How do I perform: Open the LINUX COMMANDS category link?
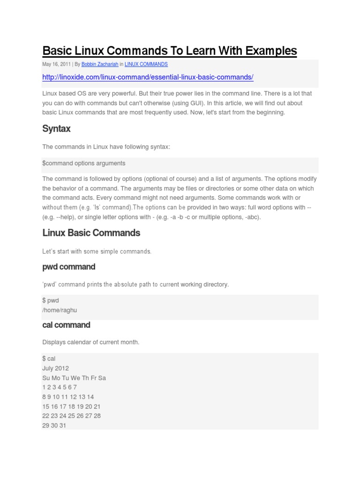pyautogui.click(x=146, y=64)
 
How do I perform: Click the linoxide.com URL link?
pyautogui.click(x=148, y=77)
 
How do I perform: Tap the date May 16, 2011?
pyautogui.click(x=56, y=64)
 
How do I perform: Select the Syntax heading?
pyautogui.click(x=56, y=128)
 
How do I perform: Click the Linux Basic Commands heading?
pyautogui.click(x=91, y=232)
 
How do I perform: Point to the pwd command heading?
pyautogui.click(x=69, y=267)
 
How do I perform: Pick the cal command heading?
pyautogui.click(x=66, y=325)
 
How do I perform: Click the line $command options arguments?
pyautogui.click(x=84, y=163)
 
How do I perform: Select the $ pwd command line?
pyautogui.click(x=51, y=300)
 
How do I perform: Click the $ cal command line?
pyautogui.click(x=49, y=359)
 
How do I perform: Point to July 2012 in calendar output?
pyautogui.click(x=55, y=368)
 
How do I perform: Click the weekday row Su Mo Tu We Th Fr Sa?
pyautogui.click(x=74, y=378)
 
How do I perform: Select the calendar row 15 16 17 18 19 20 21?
pyautogui.click(x=71, y=406)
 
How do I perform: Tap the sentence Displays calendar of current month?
pyautogui.click(x=91, y=342)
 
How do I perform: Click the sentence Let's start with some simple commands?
pyautogui.click(x=97, y=252)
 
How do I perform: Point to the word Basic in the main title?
pyautogui.click(x=57, y=51)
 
